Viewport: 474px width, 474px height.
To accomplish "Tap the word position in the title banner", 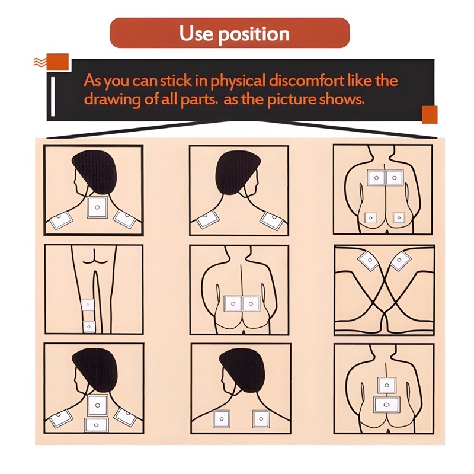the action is (x=254, y=34).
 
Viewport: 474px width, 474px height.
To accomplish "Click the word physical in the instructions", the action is (x=238, y=82).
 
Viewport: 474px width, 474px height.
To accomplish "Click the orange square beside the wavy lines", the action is (x=57, y=62).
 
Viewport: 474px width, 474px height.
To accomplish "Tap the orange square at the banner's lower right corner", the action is (x=430, y=114).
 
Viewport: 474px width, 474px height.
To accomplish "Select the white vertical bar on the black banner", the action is (x=53, y=96).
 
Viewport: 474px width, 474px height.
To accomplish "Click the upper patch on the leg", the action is (x=88, y=305).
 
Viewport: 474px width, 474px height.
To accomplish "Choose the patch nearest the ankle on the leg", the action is (x=89, y=326).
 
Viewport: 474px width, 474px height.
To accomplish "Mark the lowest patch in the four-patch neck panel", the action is (x=96, y=425).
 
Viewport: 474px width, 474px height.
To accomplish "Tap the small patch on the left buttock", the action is (x=371, y=217).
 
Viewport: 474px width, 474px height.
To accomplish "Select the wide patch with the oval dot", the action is (x=386, y=405).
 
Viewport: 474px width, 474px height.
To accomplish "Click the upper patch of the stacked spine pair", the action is (x=386, y=386).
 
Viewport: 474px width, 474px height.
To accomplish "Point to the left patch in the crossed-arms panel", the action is (x=369, y=260).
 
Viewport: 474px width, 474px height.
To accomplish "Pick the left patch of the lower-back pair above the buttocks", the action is (x=233, y=303).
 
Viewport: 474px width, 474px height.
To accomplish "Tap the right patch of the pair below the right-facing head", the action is (x=261, y=419).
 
